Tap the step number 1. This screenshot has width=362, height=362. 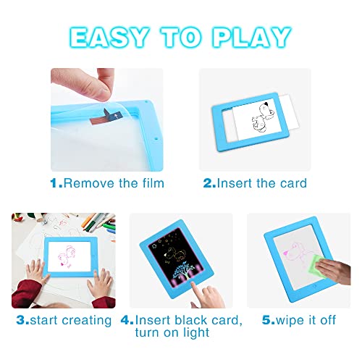(54, 183)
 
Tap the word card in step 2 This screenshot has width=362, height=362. (292, 183)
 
